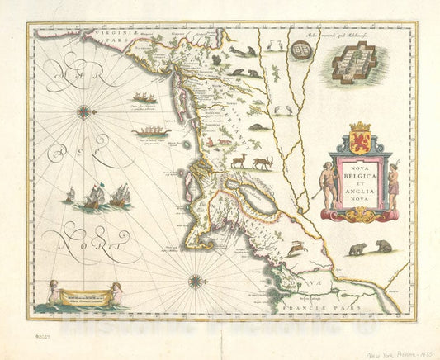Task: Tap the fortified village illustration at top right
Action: (354, 64)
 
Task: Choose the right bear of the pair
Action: (385, 246)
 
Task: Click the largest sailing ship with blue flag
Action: (96, 195)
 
